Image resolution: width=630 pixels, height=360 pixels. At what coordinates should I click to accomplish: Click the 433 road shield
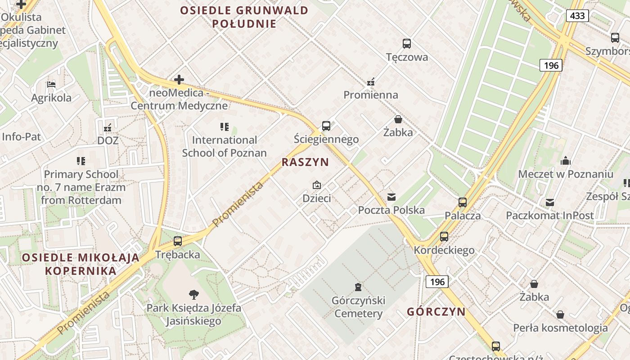pos(577,16)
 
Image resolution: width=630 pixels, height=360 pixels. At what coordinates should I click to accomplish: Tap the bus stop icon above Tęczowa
pos(407,44)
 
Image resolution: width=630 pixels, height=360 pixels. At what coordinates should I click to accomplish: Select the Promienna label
pos(371,95)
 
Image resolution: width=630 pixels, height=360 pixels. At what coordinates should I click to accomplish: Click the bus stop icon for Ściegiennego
pos(326,126)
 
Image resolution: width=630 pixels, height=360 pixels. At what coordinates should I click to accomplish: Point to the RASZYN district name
pos(305,162)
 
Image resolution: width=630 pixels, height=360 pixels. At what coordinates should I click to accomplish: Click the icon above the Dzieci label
pos(317,185)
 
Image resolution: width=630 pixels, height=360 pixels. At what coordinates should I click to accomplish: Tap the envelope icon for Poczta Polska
pos(391,197)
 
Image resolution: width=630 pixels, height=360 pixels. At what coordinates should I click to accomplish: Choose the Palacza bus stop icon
pos(463,202)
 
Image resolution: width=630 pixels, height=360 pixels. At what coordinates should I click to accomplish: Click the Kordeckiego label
pos(444,250)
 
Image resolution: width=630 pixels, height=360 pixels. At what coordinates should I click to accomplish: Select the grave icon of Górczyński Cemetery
pos(358,287)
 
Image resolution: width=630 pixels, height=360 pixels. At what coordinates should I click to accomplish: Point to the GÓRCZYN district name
pos(436,312)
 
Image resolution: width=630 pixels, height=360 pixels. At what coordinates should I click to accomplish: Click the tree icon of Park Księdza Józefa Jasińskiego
pos(194,295)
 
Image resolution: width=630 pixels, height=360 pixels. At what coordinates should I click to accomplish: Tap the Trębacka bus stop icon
pos(178,241)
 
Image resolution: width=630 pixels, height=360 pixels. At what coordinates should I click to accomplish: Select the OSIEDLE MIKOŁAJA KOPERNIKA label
pos(81,264)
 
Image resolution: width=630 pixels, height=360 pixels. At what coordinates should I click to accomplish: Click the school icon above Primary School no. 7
pos(81,161)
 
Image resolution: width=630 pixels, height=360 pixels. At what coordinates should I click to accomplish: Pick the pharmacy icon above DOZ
pos(108,127)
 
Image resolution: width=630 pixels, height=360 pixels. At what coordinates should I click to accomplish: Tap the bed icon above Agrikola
pos(51,85)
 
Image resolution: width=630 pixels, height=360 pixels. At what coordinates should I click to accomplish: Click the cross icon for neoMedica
pos(179,80)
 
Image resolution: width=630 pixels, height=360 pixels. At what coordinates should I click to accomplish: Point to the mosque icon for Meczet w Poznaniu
pos(566,161)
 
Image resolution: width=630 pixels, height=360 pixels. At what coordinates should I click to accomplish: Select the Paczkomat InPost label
pos(550,216)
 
